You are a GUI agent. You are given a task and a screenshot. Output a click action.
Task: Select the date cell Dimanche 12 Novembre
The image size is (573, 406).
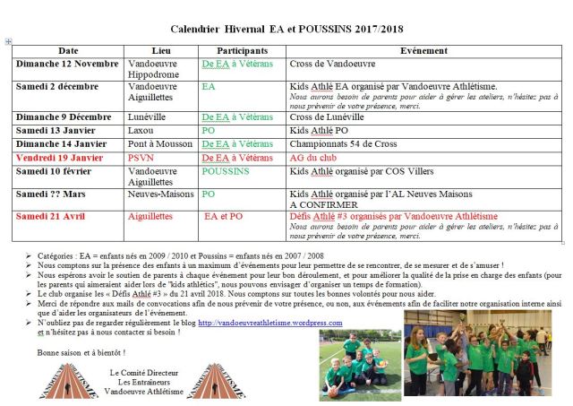pos(68,65)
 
